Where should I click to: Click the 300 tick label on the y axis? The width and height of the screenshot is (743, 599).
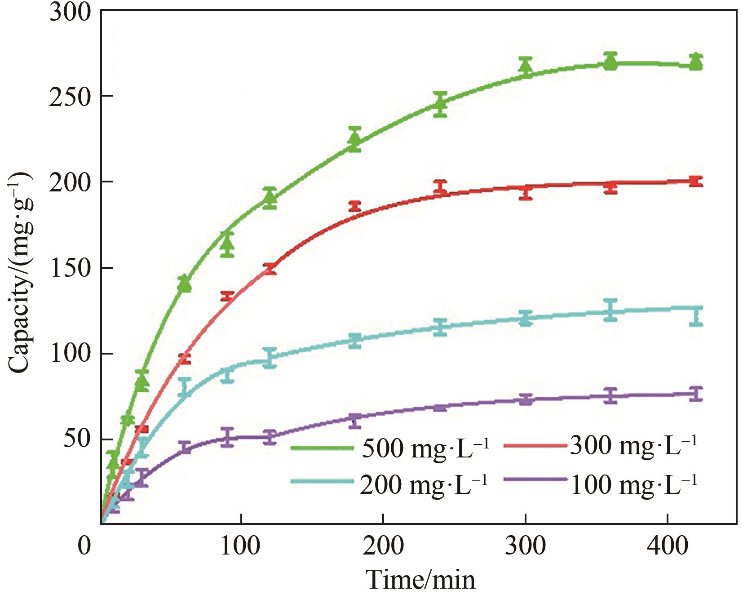(70, 12)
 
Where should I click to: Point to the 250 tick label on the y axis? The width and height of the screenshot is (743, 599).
(70, 97)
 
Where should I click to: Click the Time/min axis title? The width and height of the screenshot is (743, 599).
(420, 580)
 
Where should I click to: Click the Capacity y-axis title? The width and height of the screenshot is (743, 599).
(20, 272)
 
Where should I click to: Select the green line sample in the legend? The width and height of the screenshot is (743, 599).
(322, 448)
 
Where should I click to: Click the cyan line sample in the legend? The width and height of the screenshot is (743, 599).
(322, 481)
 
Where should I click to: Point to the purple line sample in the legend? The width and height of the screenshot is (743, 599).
(535, 480)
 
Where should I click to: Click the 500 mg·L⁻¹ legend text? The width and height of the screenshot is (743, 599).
(425, 448)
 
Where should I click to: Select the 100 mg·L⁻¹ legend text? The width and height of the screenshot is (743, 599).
(633, 484)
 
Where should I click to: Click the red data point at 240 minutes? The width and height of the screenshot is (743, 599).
(440, 188)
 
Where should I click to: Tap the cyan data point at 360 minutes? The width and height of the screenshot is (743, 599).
(610, 310)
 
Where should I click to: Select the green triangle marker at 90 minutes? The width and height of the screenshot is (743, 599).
(228, 244)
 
